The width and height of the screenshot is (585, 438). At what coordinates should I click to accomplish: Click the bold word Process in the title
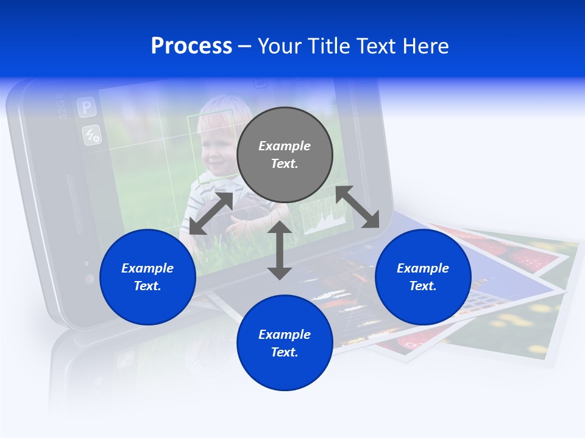tap(191, 46)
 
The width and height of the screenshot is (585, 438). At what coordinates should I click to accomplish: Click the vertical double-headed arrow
tap(280, 250)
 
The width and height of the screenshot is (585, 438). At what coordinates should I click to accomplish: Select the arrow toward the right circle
tap(358, 207)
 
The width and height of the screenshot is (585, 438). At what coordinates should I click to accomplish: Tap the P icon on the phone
tap(86, 108)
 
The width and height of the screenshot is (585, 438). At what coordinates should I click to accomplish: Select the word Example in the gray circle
tap(285, 146)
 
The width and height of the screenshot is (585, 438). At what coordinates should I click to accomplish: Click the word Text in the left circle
tap(147, 286)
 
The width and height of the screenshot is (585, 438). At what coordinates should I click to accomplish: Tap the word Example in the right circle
tap(423, 268)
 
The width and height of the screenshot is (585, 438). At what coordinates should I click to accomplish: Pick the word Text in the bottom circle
tap(285, 352)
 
